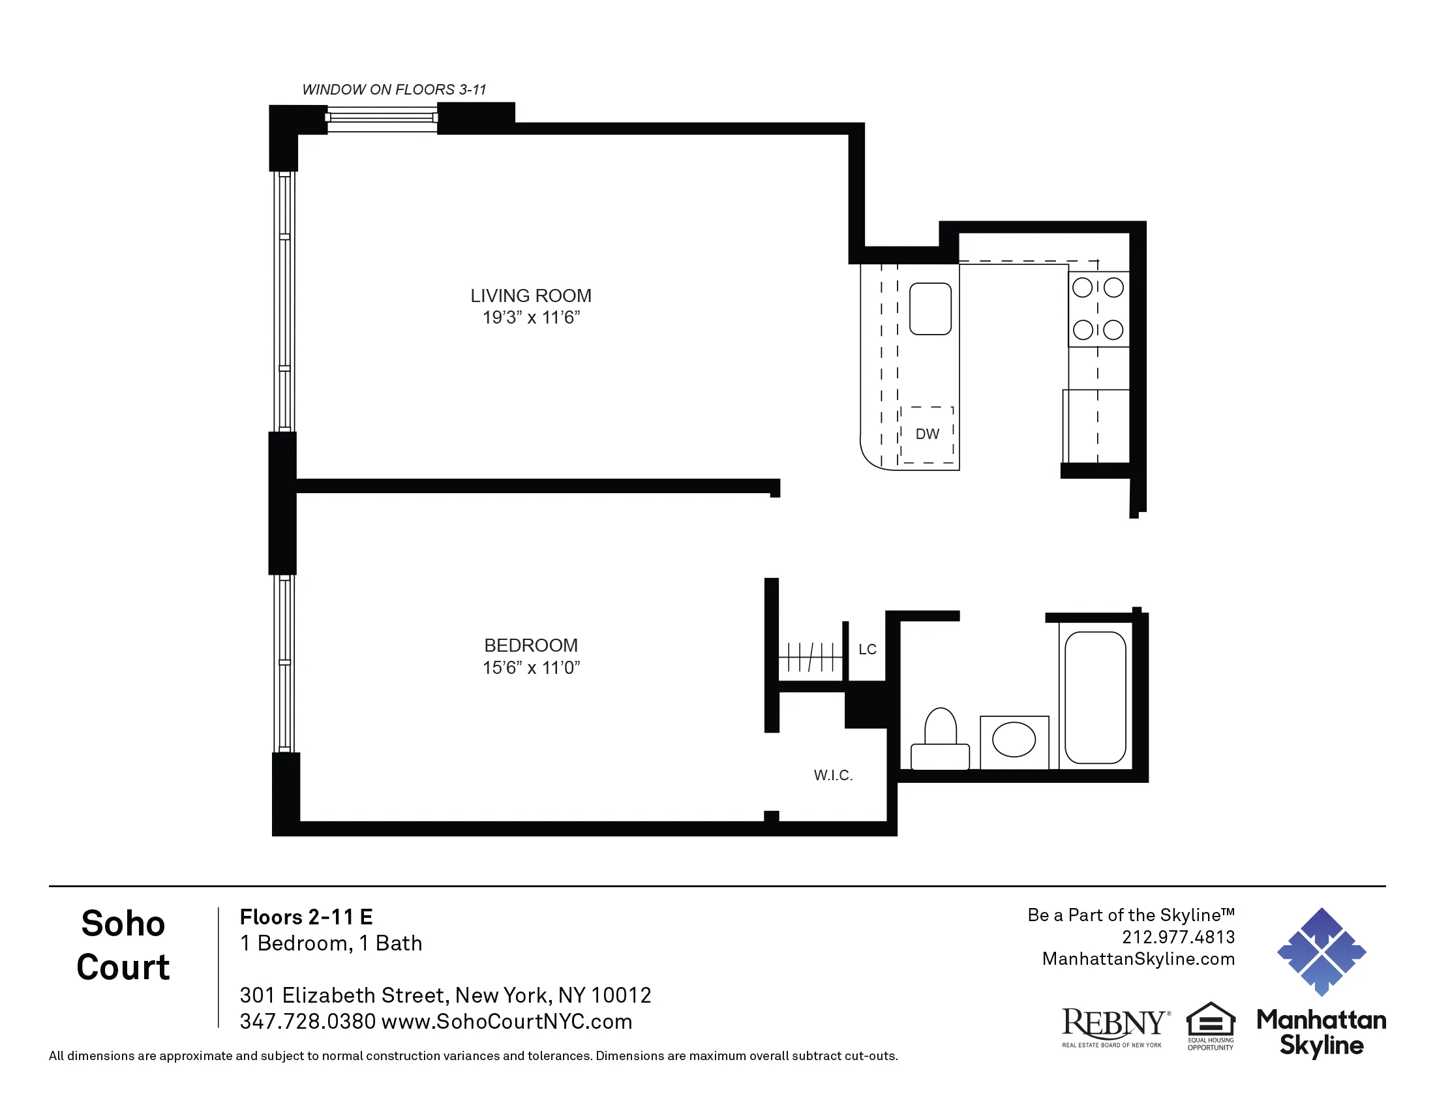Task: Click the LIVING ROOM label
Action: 530,296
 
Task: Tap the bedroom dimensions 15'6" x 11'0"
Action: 530,667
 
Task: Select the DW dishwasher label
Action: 926,434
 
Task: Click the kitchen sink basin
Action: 929,309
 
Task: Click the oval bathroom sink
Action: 1013,739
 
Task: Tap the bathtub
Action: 1095,698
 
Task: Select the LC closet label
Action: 867,649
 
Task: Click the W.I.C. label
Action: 832,775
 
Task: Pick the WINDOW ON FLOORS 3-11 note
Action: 393,89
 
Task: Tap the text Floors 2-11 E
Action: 306,917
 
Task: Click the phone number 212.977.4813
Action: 1177,937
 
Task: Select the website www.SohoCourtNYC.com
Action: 507,1022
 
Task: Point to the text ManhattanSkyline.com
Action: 1138,959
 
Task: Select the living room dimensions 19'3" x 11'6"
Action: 530,317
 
